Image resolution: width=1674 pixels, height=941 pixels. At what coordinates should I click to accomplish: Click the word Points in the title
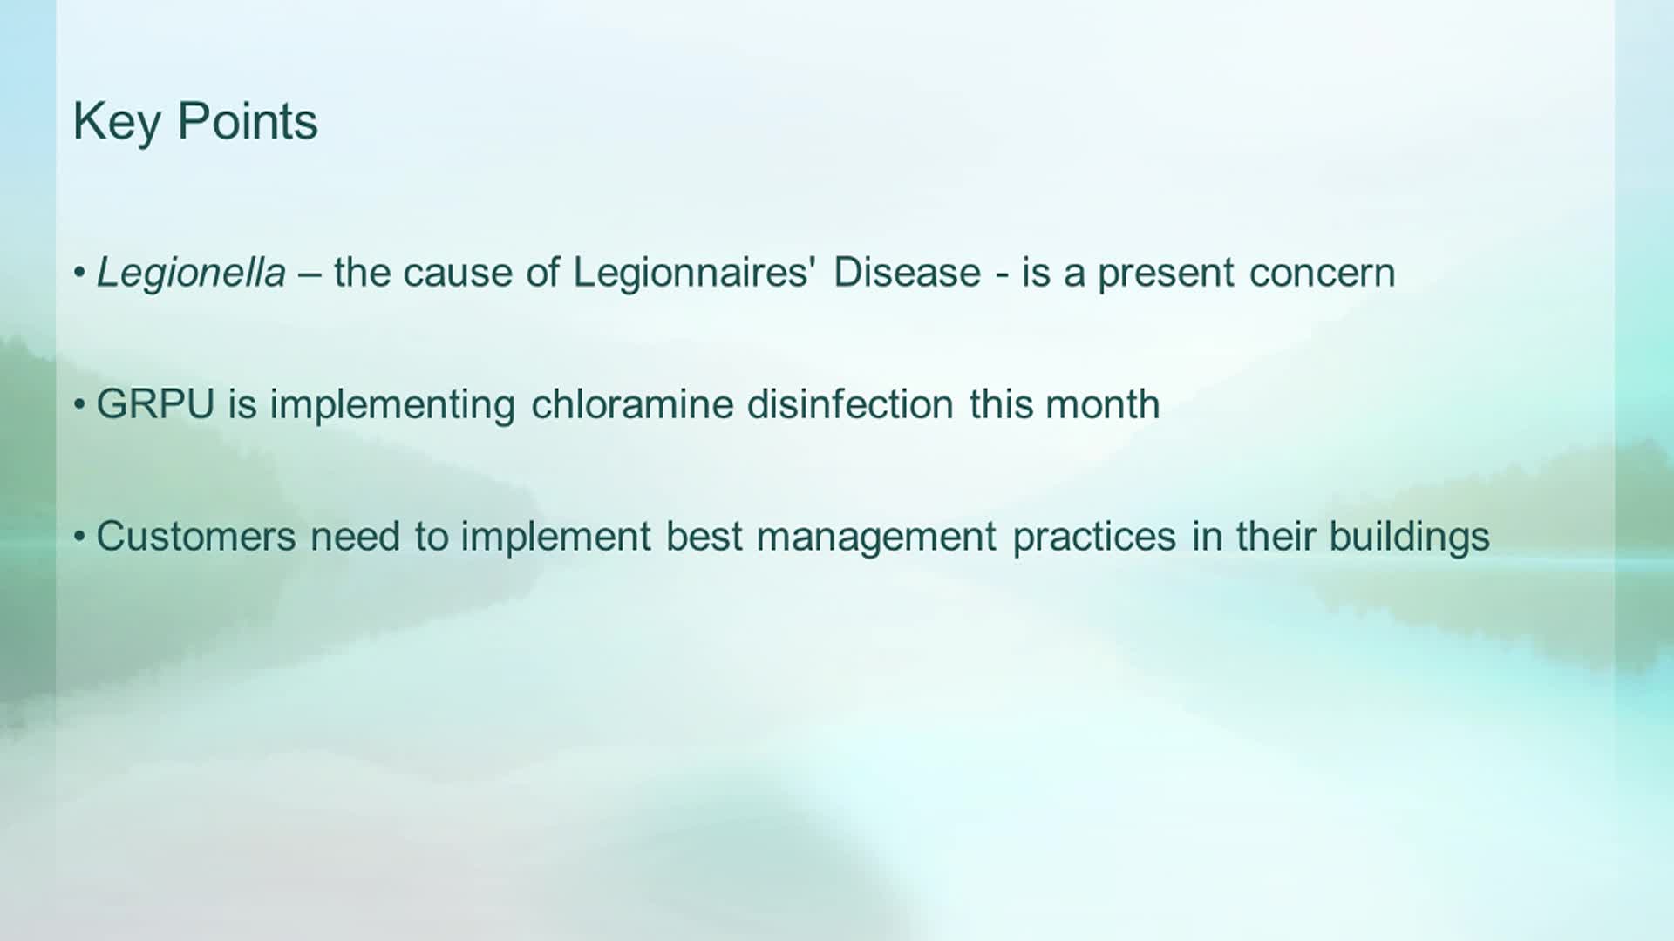(x=248, y=120)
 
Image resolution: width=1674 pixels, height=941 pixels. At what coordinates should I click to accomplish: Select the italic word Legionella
(x=191, y=274)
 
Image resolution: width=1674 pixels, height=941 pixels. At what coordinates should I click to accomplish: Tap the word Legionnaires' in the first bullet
(x=694, y=274)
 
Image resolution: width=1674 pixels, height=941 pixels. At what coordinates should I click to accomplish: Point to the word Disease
(x=907, y=273)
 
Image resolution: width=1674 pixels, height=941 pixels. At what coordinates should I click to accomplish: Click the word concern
(x=1322, y=274)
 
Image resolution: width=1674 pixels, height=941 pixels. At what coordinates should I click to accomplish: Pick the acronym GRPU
(x=155, y=404)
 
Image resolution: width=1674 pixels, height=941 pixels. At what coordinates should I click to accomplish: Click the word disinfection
(x=850, y=404)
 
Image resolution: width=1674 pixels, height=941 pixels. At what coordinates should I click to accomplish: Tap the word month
(x=1102, y=404)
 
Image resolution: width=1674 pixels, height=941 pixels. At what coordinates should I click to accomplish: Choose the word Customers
(x=196, y=536)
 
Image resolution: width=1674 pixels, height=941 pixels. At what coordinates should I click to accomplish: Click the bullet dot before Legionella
(x=79, y=274)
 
